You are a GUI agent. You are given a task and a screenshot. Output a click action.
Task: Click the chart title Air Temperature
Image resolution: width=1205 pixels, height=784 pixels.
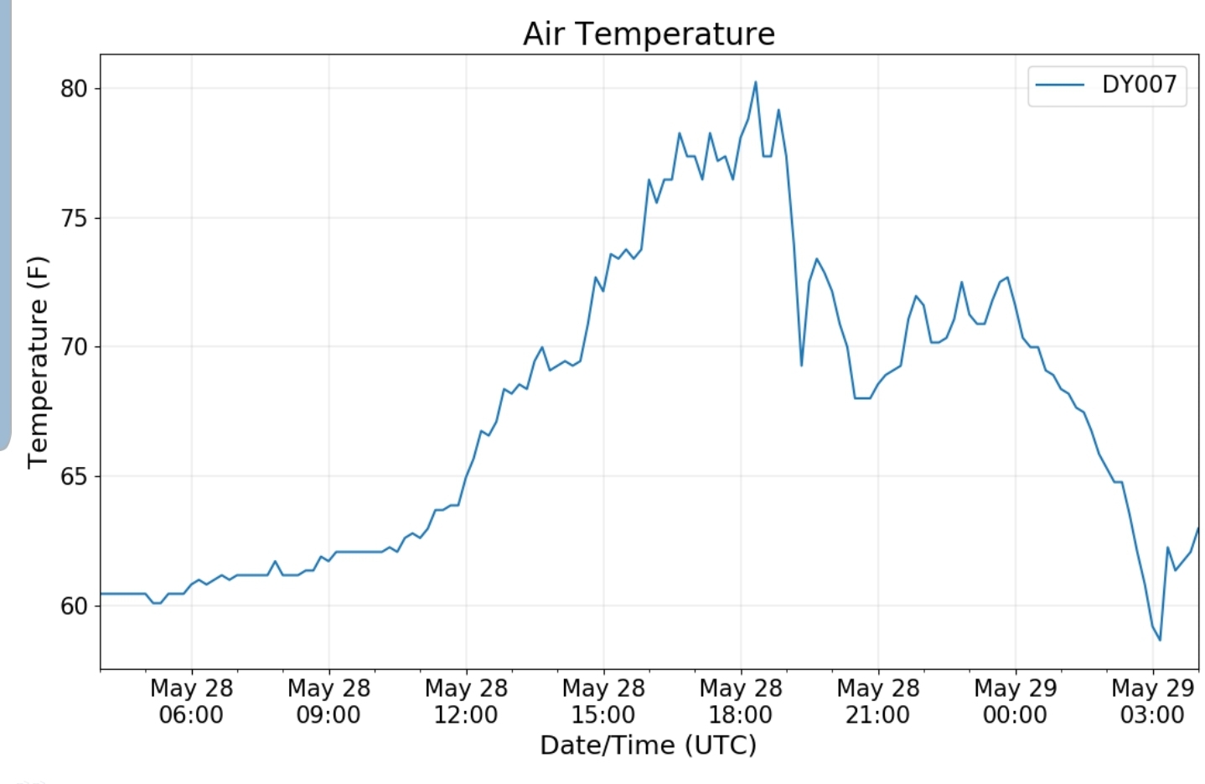(649, 34)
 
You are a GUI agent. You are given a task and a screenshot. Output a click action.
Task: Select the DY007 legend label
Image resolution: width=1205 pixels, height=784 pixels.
(1139, 85)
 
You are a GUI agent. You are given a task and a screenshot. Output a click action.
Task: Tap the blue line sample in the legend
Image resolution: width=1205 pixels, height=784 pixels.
(1060, 85)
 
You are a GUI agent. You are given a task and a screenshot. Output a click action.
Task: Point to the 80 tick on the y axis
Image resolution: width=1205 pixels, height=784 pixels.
(74, 89)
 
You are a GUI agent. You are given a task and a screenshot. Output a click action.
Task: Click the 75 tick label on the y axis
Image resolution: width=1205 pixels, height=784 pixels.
(74, 218)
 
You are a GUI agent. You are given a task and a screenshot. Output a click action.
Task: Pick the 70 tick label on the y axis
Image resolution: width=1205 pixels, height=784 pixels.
(74, 347)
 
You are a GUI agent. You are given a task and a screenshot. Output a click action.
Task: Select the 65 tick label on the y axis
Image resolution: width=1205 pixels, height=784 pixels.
(74, 476)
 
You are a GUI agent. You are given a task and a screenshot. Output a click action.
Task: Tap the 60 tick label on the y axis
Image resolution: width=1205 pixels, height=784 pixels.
(74, 605)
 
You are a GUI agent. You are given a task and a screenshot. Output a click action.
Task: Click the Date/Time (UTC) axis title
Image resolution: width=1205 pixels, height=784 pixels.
(648, 745)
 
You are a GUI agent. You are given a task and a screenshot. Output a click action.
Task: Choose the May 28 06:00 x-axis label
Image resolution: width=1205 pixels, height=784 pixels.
(191, 701)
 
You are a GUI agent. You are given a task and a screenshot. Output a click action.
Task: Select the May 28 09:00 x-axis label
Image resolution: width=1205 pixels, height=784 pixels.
(328, 701)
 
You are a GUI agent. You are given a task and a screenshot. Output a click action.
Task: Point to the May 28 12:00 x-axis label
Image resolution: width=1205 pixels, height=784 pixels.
(466, 701)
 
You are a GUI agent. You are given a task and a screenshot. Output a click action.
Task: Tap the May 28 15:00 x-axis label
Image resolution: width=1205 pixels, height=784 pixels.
(603, 701)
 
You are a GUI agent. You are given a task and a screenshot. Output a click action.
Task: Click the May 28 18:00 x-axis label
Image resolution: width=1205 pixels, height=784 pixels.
(741, 701)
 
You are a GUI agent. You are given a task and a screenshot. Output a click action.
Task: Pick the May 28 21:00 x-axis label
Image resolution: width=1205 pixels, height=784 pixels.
(878, 701)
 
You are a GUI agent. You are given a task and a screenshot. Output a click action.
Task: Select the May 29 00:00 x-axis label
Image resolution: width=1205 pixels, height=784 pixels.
(1016, 701)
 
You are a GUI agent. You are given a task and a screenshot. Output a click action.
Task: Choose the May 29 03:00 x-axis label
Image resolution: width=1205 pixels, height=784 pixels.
(1152, 701)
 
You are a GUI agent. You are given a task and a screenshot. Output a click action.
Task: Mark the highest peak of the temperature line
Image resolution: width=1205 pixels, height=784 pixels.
(756, 82)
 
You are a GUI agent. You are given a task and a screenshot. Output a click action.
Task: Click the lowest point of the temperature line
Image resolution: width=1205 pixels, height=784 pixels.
(1160, 640)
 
